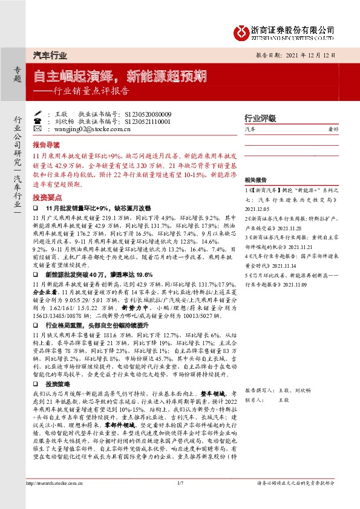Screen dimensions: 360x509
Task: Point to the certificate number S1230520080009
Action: point(148,114)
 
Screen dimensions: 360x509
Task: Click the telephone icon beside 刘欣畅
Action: point(38,122)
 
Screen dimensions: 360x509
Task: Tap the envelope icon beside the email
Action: point(38,129)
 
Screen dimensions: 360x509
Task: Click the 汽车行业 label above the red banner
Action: point(49,55)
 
